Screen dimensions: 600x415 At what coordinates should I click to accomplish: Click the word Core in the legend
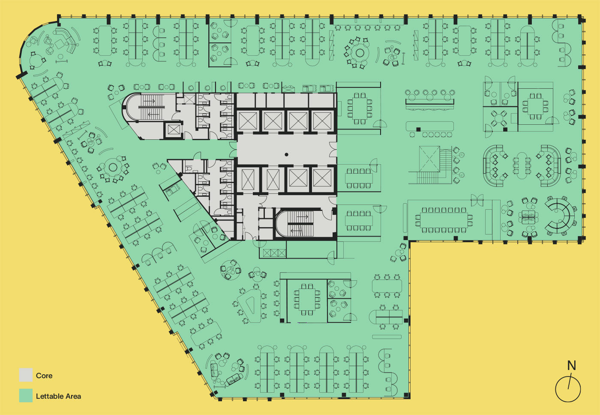(44, 376)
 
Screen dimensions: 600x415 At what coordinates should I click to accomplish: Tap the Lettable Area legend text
(58, 396)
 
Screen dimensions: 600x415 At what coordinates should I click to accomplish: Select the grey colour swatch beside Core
(26, 375)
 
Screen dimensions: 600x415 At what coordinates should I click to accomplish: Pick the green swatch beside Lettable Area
(26, 395)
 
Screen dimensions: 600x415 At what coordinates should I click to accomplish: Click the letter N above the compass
(571, 365)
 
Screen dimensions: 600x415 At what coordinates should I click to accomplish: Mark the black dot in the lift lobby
(286, 155)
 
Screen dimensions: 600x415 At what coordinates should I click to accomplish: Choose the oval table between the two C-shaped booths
(522, 166)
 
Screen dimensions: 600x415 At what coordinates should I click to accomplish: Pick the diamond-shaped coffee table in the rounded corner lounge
(60, 44)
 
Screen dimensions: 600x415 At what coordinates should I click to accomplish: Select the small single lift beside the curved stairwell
(174, 130)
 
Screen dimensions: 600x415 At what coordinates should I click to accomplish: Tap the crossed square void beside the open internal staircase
(429, 159)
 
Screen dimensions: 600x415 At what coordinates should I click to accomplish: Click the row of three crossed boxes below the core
(274, 253)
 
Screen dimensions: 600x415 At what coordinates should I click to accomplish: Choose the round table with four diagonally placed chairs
(498, 118)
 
